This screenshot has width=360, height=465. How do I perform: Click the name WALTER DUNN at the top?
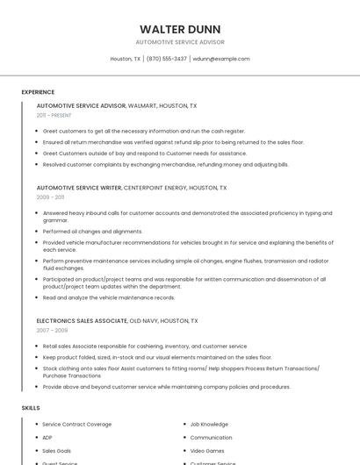(179, 29)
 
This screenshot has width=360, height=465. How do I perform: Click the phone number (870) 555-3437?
(166, 59)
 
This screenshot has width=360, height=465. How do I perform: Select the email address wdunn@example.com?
(221, 59)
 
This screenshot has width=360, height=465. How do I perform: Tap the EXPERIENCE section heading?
(38, 92)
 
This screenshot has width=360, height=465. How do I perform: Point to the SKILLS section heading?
(31, 408)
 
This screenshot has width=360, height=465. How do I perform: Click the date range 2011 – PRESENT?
(54, 115)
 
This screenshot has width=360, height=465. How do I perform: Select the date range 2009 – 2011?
(50, 197)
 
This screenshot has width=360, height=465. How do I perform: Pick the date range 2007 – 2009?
(50, 331)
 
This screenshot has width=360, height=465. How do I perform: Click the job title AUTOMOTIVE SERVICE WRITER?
(79, 188)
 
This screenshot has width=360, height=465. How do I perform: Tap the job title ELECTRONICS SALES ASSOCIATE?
(82, 321)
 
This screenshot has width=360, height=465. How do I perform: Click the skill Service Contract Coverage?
(77, 425)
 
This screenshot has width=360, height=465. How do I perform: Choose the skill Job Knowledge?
(209, 425)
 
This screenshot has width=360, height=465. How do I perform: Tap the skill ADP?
(47, 438)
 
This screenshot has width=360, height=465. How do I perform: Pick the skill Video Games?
(207, 451)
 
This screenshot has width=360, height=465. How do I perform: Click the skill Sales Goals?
(57, 451)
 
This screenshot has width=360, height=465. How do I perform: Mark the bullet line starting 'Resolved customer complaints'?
(165, 164)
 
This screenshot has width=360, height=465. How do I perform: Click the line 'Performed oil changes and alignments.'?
(92, 232)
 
